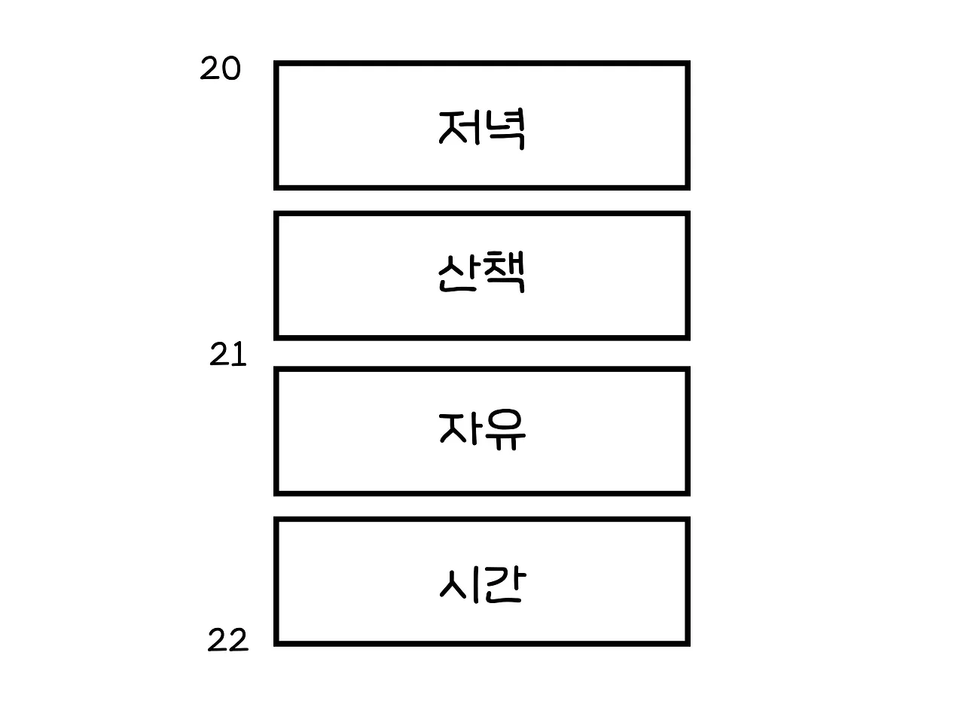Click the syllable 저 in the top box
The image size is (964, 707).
pos(458,127)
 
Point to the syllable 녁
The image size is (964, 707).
pos(504,130)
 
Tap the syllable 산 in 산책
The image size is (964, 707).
pos(458,275)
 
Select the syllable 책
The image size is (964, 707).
pos(504,274)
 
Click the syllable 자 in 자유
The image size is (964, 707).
pos(458,429)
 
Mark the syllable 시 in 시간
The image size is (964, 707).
pos(456,584)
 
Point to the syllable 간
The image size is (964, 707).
pos(502,585)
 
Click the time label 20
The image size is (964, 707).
pos(220,69)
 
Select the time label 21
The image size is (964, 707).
pos(227,355)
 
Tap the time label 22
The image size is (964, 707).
pos(227,641)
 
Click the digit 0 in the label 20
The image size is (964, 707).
pos(230,69)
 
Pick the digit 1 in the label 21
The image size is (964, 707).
pos(239,355)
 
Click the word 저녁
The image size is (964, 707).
pos(481,129)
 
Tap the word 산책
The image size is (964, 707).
pos(481,275)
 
